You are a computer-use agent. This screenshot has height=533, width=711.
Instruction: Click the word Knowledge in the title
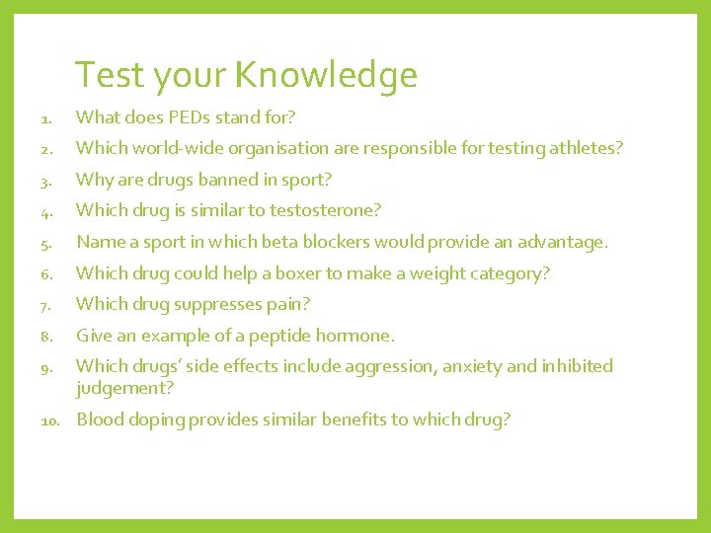325,76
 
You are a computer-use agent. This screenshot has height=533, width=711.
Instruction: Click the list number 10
52,420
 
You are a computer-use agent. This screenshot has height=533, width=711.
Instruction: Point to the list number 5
47,243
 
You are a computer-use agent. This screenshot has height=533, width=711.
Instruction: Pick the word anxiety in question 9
471,366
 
